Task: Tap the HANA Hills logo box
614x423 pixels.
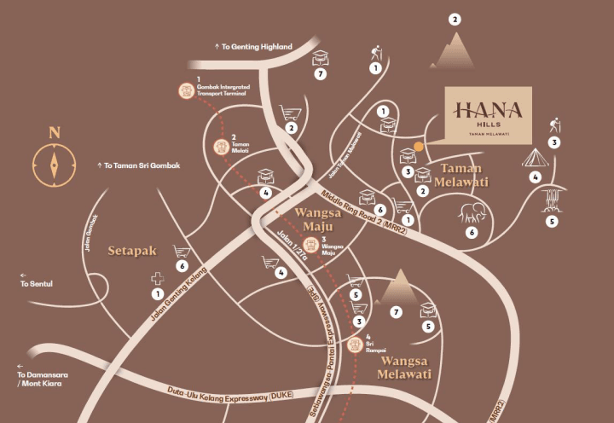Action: tap(489, 114)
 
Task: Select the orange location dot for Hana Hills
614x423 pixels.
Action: tap(419, 147)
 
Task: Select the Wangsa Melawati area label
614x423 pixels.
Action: tap(406, 368)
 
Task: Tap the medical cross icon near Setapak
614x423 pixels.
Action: tap(157, 278)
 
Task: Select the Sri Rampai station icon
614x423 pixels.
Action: tap(356, 345)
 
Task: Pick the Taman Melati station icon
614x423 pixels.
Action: tap(221, 147)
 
